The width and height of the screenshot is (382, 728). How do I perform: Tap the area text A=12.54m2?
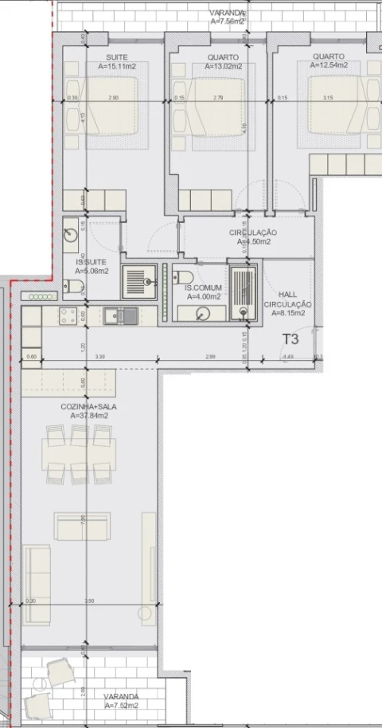pos(329,67)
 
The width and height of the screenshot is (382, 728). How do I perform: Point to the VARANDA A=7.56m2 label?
pos(228,18)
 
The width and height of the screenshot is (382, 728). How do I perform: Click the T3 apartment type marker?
pos(291,339)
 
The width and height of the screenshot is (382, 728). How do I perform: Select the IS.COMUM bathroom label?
pos(203,288)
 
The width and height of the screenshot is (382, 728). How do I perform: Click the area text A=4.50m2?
pos(252,241)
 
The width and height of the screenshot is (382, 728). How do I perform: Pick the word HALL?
pos(286,295)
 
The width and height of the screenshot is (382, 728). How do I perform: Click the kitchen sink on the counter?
pos(119,316)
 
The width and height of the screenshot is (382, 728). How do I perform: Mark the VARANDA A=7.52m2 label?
pos(122,701)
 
